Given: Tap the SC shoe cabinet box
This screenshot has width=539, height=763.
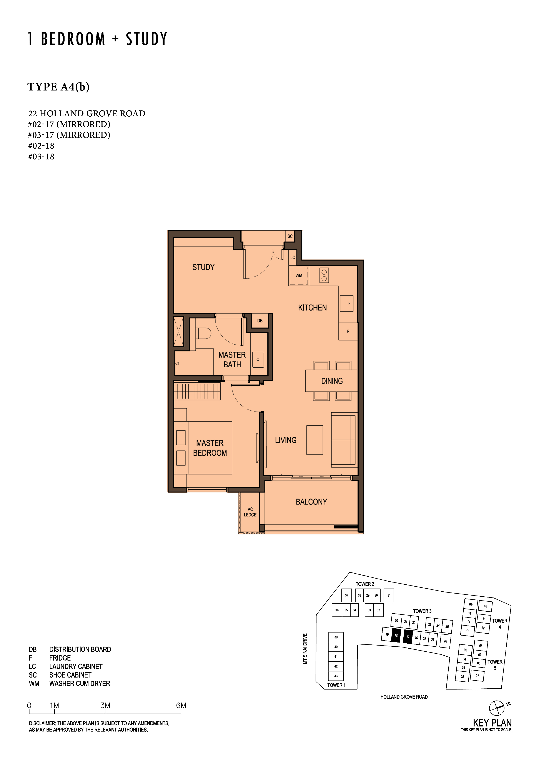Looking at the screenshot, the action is tap(290, 236).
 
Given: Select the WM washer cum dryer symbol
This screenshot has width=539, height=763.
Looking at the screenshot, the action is tap(299, 276).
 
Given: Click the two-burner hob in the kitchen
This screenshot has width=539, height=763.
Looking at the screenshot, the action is tap(324, 275).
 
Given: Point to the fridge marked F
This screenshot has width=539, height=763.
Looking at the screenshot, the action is tap(348, 331).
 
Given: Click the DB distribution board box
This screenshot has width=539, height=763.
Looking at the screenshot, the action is tap(260, 321).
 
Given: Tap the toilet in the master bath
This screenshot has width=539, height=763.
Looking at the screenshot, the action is tap(203, 333).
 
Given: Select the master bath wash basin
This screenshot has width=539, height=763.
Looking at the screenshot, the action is tap(258, 360).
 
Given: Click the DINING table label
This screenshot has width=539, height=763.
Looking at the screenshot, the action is tap(332, 381).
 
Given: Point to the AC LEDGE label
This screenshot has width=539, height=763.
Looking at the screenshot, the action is tap(250, 512).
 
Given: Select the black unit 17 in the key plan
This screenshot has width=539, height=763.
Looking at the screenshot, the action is tap(408, 637).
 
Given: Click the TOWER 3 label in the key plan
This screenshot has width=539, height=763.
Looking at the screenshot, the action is tap(422, 611).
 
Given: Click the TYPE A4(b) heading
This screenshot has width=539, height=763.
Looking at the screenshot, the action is tap(58, 87).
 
